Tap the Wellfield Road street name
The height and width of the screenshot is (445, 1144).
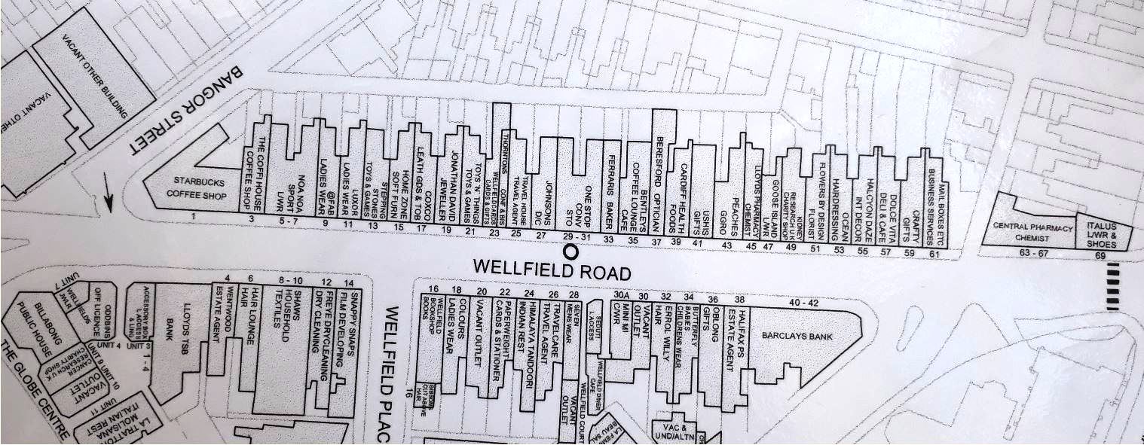(x=552, y=269)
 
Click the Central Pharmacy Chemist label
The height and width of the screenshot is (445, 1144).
(x=1026, y=231)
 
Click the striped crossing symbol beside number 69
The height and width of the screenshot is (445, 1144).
(x=1113, y=287)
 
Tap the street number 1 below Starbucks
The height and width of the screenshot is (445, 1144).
(x=194, y=217)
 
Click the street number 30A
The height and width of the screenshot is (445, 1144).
(x=622, y=295)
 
